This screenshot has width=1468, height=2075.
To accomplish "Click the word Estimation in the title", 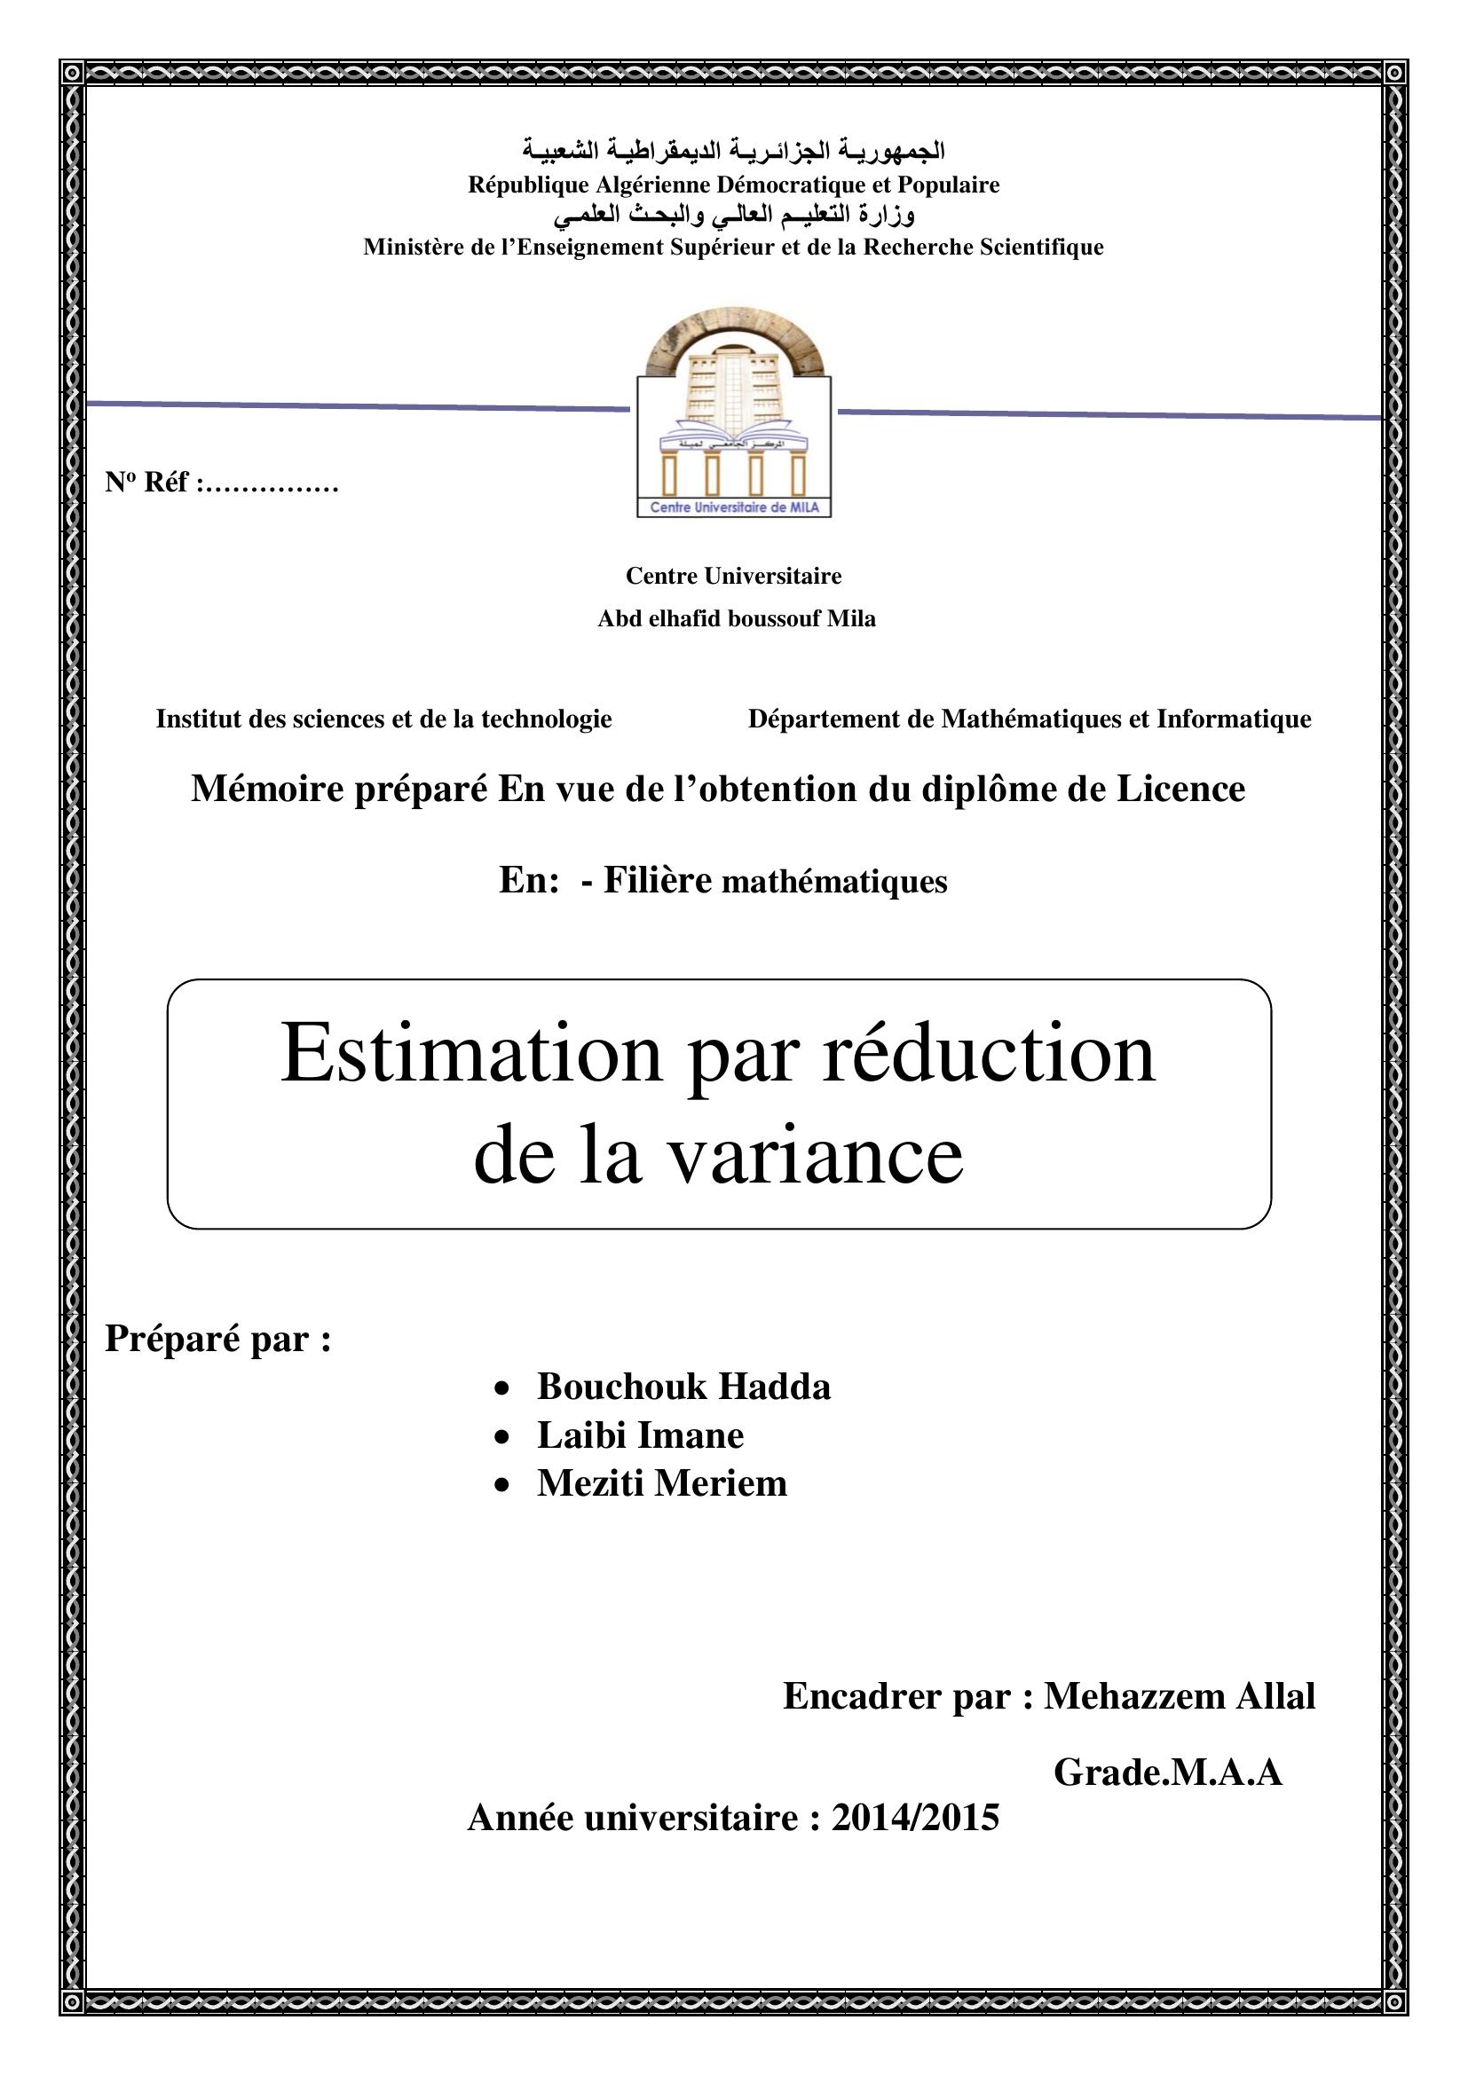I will (x=471, y=1054).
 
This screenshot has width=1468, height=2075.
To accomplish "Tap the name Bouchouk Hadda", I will (x=683, y=1387).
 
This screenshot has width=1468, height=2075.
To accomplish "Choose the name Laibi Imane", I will (x=640, y=1435).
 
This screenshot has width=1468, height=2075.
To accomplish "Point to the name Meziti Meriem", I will (x=662, y=1483).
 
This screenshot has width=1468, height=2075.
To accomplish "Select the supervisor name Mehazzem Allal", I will (x=1179, y=1696).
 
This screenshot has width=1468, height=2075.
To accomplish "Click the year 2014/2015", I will (x=915, y=1818).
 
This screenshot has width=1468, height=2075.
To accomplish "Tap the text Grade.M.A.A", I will (x=1168, y=1773).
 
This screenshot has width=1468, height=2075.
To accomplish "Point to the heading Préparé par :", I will (x=217, y=1339).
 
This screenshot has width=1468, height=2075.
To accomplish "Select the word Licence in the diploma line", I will (x=1180, y=789).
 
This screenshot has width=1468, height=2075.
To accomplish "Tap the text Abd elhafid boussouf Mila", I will (x=736, y=619).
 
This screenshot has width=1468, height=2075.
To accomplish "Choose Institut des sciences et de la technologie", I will (x=383, y=719).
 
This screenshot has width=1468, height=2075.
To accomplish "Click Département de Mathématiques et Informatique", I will (x=1029, y=719).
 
